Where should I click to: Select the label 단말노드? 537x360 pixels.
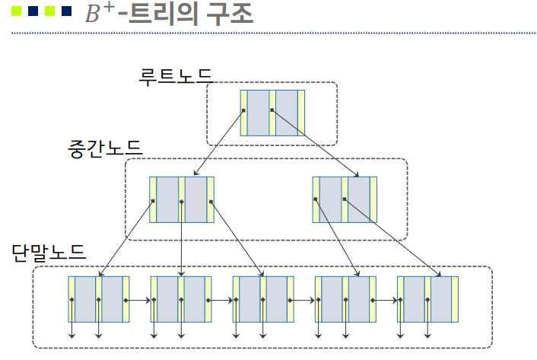(x=48, y=252)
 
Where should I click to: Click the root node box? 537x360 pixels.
(x=272, y=113)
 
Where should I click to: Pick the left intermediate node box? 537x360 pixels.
(x=182, y=199)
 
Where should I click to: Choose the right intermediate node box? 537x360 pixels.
(x=345, y=199)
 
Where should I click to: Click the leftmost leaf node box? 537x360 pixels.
(x=99, y=299)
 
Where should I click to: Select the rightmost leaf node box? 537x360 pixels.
(x=427, y=299)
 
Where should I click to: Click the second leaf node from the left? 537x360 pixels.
(x=181, y=299)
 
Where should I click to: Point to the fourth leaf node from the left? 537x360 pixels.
(x=345, y=299)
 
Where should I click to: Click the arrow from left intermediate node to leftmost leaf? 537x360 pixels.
(x=126, y=238)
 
